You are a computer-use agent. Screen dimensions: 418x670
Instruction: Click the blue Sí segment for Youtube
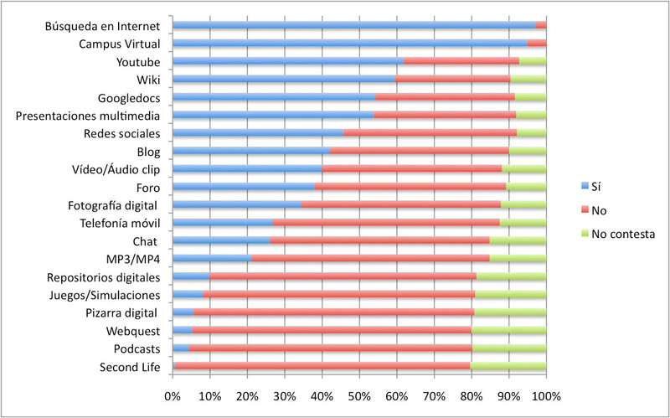click(287, 61)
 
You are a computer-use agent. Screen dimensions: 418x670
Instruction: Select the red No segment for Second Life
click(322, 367)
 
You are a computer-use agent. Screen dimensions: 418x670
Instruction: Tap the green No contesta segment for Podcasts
click(509, 348)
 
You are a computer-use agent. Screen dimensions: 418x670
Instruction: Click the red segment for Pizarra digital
click(333, 312)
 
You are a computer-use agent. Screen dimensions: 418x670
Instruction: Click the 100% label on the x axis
click(545, 395)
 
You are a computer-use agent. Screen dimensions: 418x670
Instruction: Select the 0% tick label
click(173, 395)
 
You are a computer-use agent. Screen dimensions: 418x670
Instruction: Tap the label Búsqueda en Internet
click(102, 26)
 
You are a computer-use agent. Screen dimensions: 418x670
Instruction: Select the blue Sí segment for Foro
click(244, 187)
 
